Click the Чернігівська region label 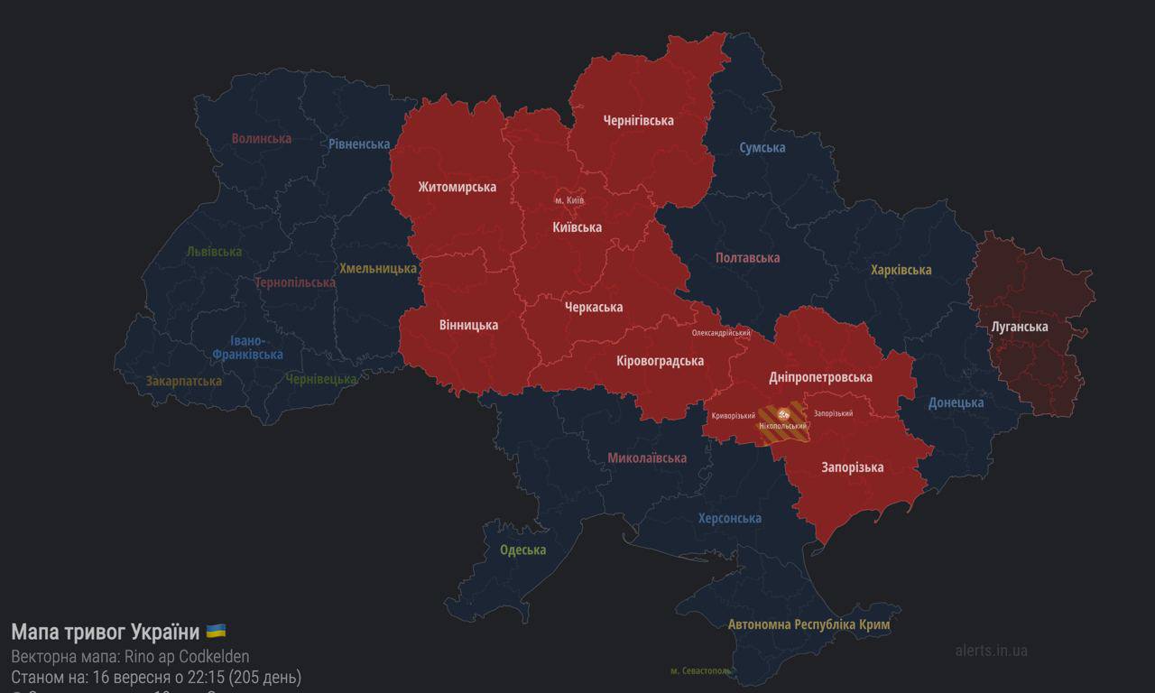pyautogui.click(x=638, y=120)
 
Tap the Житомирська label pyautogui.click(x=457, y=187)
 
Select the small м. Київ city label pyautogui.click(x=569, y=199)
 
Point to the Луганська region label pyautogui.click(x=1020, y=327)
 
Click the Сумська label pyautogui.click(x=762, y=147)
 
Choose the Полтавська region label pyautogui.click(x=747, y=258)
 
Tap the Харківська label pyautogui.click(x=901, y=270)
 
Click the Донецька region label pyautogui.click(x=956, y=402)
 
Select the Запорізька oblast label pyautogui.click(x=852, y=467)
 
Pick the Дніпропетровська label pyautogui.click(x=820, y=377)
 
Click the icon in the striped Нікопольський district pyautogui.click(x=782, y=413)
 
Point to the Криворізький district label pyautogui.click(x=733, y=415)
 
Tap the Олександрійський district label pyautogui.click(x=721, y=333)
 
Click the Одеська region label pyautogui.click(x=523, y=550)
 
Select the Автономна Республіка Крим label pyautogui.click(x=808, y=624)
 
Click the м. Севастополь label pyautogui.click(x=701, y=670)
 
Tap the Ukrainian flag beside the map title pyautogui.click(x=216, y=631)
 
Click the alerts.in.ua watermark pyautogui.click(x=991, y=650)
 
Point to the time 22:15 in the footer pyautogui.click(x=208, y=677)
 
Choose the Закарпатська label pyautogui.click(x=184, y=381)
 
